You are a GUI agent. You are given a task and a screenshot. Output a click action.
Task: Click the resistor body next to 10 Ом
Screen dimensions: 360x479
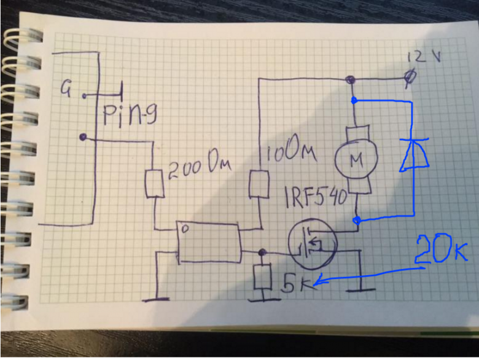pyautogui.click(x=258, y=184)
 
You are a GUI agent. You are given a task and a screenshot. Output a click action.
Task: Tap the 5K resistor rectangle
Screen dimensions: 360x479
pyautogui.click(x=263, y=277)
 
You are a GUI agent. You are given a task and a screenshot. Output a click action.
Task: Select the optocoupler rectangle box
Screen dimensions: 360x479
pyautogui.click(x=209, y=243)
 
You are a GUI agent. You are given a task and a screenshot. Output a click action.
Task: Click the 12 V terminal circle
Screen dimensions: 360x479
pyautogui.click(x=412, y=77)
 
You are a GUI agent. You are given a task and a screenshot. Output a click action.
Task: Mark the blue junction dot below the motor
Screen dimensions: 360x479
pyautogui.click(x=356, y=218)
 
